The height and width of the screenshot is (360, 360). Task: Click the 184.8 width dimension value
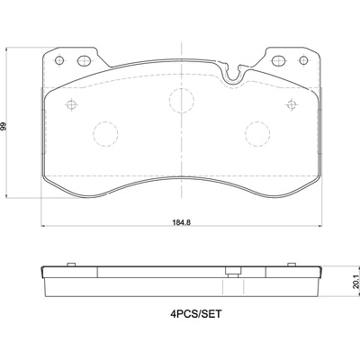[x=182, y=222]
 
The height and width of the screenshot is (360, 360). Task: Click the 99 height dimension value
[x=4, y=126]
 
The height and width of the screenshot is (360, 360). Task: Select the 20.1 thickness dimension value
[x=355, y=282]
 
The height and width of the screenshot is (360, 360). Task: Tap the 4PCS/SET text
[x=196, y=314]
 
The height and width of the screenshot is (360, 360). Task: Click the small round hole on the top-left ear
[x=59, y=60]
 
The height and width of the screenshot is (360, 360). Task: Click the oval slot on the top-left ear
[x=84, y=61]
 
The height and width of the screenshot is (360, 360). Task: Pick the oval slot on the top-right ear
[x=278, y=60]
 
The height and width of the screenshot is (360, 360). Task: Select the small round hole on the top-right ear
[x=303, y=60]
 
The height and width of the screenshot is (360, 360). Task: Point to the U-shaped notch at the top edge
[x=233, y=76]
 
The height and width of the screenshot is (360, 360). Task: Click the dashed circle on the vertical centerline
[x=182, y=101]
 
